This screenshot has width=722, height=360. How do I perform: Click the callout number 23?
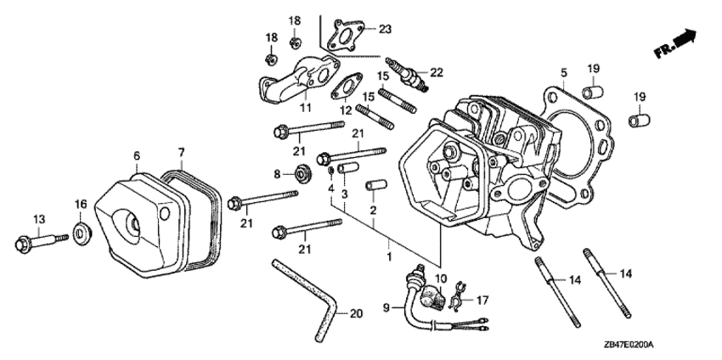[x=385, y=30]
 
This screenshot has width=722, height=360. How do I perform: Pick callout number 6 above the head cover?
[x=136, y=155]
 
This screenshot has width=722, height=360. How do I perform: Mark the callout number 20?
[x=355, y=314]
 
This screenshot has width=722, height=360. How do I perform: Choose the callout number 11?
[x=305, y=109]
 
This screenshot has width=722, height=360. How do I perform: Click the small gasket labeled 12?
[x=345, y=87]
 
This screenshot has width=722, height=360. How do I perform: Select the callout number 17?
[x=483, y=299]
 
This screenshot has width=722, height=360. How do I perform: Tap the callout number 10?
[x=440, y=279]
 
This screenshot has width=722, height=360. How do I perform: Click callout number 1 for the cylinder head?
[x=389, y=256]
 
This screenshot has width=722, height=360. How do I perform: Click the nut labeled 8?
[x=302, y=176]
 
